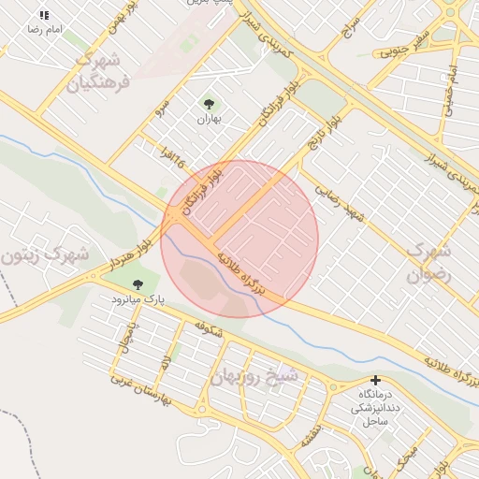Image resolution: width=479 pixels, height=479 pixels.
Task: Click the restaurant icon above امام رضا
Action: (x=44, y=15)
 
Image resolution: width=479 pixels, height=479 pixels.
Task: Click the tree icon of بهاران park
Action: (x=207, y=104)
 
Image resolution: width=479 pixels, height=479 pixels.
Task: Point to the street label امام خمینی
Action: (x=449, y=80)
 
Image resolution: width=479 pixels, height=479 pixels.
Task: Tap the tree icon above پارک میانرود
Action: (x=138, y=284)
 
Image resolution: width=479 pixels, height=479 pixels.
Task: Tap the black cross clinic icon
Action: (x=375, y=381)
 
